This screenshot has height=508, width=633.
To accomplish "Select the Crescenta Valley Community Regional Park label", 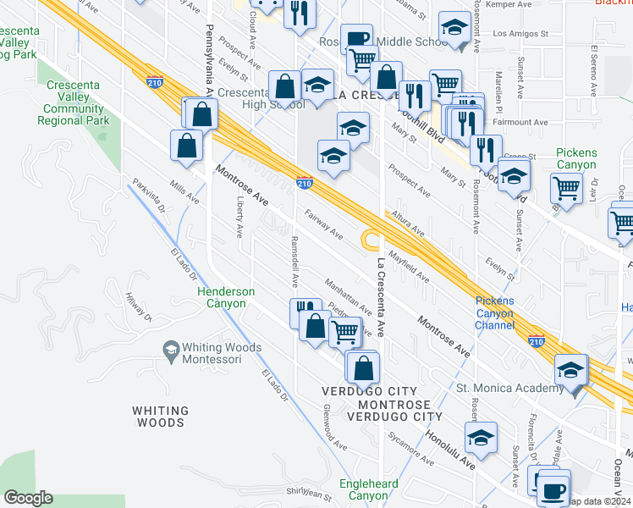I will tap(74, 103).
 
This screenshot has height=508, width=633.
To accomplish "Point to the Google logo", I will tap(28, 497).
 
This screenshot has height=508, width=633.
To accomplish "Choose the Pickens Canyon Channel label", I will tap(494, 312).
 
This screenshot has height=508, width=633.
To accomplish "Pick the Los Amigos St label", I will tap(515, 35).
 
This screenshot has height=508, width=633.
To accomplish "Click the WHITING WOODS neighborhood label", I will tap(159, 416).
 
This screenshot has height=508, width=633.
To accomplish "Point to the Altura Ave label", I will tap(406, 224).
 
